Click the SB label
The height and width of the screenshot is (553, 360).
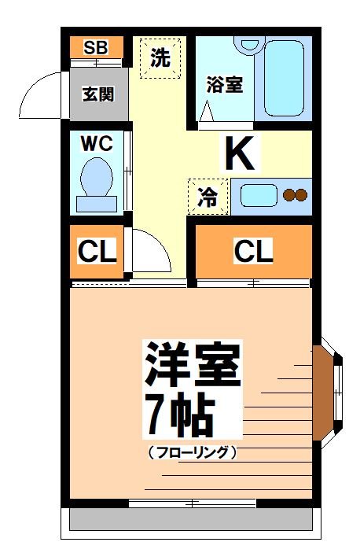(96, 46)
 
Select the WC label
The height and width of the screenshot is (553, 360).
(98, 143)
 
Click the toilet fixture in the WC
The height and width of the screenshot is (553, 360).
(97, 182)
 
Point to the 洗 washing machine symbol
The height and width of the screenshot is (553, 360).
(160, 58)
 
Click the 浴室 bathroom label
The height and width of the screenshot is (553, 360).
(224, 84)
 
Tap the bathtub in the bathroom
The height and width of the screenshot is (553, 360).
(283, 77)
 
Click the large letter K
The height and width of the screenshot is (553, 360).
(241, 154)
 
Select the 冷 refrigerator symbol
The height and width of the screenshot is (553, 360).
(208, 197)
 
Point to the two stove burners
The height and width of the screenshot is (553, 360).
(294, 195)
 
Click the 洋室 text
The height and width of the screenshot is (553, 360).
(191, 364)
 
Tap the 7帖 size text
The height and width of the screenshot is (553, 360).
(178, 415)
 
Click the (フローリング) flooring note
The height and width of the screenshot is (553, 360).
(192, 452)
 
